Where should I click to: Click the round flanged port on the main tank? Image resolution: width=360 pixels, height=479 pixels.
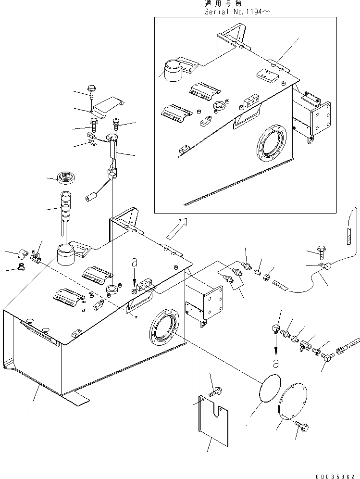click(x=164, y=329)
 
